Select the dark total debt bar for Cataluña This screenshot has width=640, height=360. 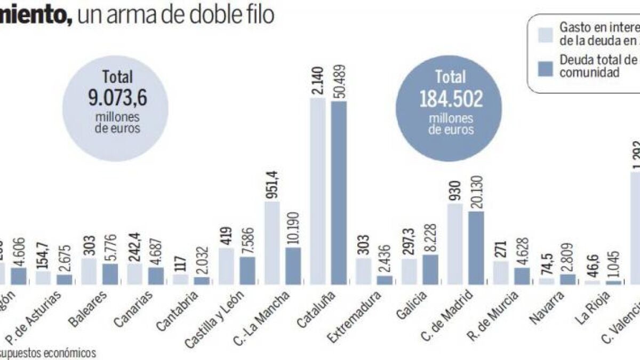(339, 192)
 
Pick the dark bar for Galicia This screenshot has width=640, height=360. (431, 269)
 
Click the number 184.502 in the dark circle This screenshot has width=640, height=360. (451, 99)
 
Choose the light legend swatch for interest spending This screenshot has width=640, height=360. (545, 34)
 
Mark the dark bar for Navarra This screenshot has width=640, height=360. (567, 278)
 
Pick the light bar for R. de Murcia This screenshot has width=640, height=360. (500, 273)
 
